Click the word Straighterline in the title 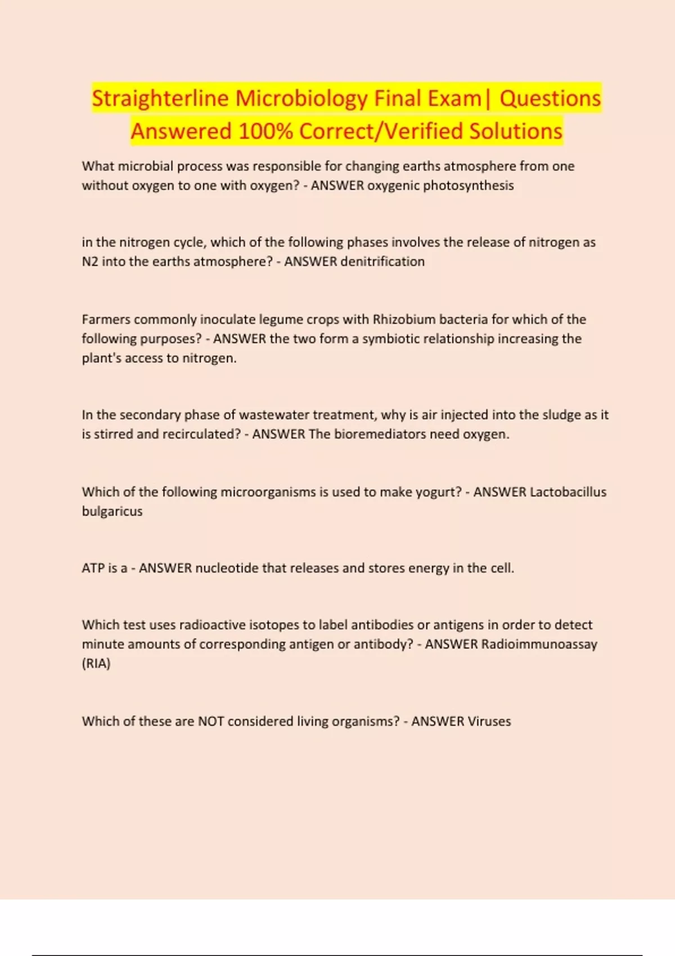coord(160,98)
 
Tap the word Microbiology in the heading coord(301,98)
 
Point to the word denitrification coord(382,261)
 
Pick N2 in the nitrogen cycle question coord(90,261)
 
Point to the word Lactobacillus coord(568,492)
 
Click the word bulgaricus coord(112,511)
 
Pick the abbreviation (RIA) coord(96,664)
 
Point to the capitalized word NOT coord(211,721)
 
